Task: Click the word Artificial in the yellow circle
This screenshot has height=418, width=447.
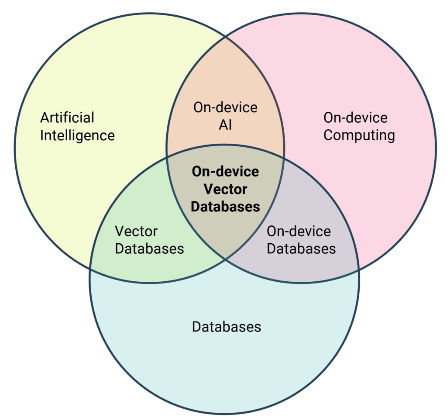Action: click(x=67, y=117)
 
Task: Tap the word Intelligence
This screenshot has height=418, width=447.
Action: click(x=77, y=135)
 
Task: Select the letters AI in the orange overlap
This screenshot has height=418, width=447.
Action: click(x=225, y=125)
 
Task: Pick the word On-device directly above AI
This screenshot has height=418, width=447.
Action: click(x=225, y=107)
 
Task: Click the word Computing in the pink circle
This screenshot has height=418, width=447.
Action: click(x=359, y=135)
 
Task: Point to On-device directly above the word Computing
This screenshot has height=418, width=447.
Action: click(x=355, y=117)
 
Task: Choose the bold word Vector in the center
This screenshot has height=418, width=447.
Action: click(x=225, y=189)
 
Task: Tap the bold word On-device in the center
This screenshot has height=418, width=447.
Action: click(x=225, y=171)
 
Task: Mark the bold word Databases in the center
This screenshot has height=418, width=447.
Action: click(x=225, y=207)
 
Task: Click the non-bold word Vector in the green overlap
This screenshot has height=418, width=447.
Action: click(x=136, y=231)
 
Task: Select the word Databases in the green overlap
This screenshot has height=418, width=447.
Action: click(x=149, y=249)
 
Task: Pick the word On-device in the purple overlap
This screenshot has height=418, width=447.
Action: click(x=299, y=231)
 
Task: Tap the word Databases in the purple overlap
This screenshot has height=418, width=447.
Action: click(x=301, y=249)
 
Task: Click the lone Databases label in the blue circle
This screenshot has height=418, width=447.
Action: click(x=227, y=327)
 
